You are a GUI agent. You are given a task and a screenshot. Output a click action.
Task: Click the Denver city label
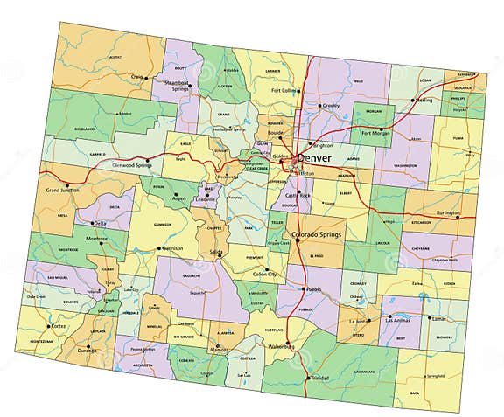pos(316,158)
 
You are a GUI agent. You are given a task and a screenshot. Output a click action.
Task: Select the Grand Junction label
pos(65,190)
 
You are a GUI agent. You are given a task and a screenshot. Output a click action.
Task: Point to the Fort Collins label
pos(284,91)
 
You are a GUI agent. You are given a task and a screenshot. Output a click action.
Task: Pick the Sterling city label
pos(423,101)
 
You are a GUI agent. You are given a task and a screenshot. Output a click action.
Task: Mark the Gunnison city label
pos(172,248)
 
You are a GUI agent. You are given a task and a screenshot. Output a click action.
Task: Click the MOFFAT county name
pos(114,58)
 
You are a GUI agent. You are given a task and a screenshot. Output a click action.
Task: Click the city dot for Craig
pos(144,76)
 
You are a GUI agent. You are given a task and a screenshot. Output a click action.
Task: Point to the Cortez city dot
pos(50,326)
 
